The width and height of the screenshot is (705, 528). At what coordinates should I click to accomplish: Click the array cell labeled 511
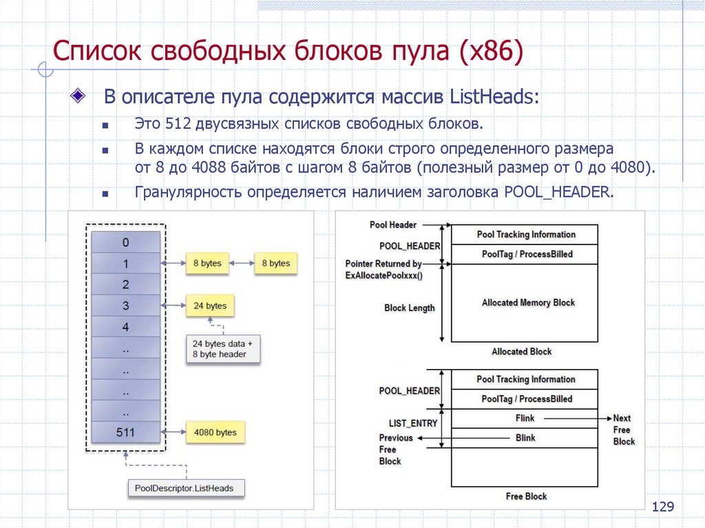(x=125, y=433)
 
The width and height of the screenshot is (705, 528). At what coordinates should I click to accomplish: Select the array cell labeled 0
(x=125, y=242)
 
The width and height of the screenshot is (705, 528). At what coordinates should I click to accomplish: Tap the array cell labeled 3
(x=125, y=305)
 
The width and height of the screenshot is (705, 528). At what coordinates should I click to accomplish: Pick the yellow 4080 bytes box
(x=215, y=433)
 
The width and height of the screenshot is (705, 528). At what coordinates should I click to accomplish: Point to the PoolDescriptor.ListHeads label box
(x=185, y=488)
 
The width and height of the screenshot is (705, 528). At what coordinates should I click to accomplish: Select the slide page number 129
(x=662, y=507)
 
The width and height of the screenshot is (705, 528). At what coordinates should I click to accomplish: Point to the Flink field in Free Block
(x=525, y=418)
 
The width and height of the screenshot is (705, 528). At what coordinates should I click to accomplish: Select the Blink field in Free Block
(x=525, y=437)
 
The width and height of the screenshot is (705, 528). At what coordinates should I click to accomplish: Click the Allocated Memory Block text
(x=528, y=302)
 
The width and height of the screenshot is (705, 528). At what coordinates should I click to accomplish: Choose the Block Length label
(x=409, y=308)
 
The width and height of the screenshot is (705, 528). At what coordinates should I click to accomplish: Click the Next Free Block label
(x=624, y=430)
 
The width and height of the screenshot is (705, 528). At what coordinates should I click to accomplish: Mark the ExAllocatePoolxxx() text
(x=383, y=275)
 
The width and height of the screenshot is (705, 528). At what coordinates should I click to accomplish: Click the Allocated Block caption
(x=521, y=351)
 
